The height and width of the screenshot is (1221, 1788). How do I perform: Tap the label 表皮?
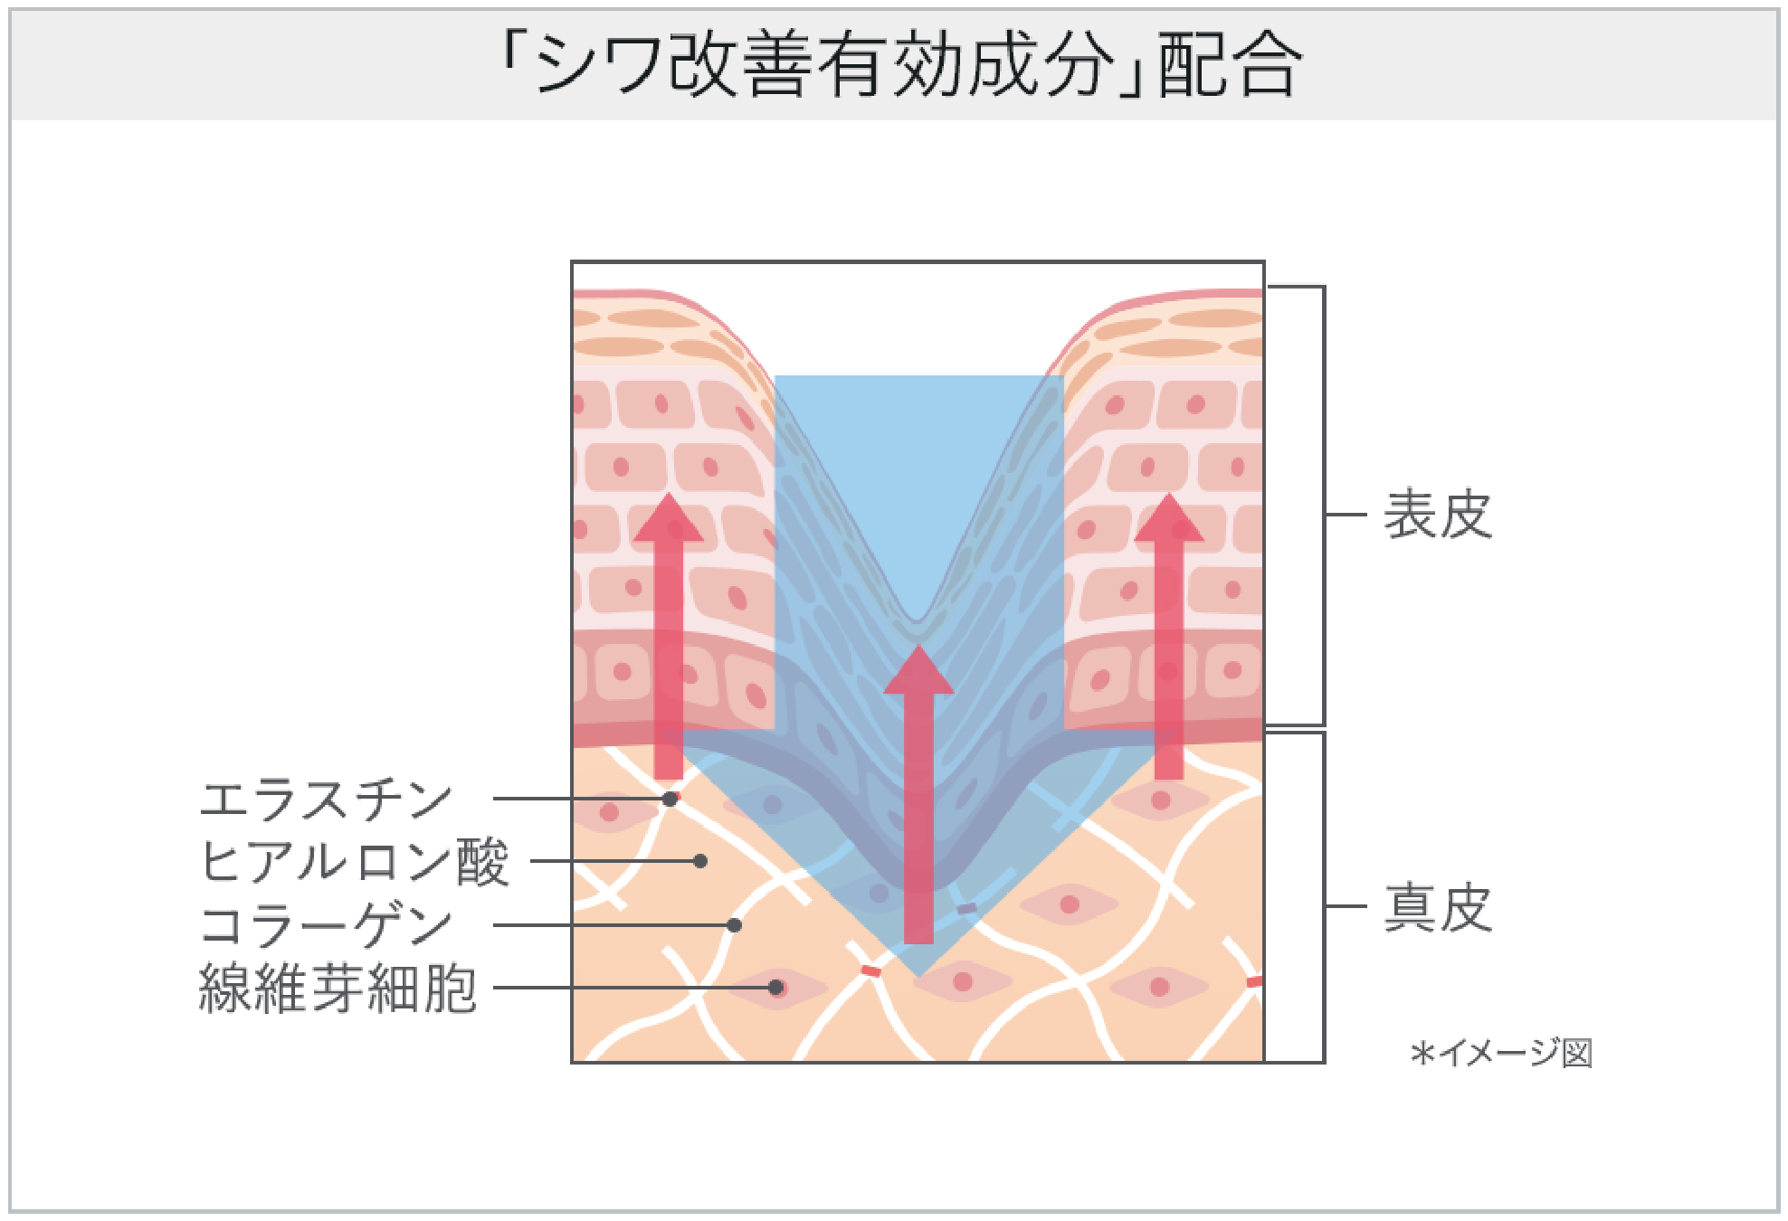click(1437, 515)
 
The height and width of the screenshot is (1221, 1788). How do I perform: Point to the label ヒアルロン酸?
click(353, 861)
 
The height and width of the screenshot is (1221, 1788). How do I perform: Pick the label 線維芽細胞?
click(338, 988)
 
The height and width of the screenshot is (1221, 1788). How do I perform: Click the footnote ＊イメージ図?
click(1501, 1053)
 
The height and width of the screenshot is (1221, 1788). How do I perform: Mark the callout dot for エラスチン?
click(670, 799)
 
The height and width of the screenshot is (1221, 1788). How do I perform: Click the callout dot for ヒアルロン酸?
click(699, 861)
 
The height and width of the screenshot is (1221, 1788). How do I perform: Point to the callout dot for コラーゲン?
click(734, 925)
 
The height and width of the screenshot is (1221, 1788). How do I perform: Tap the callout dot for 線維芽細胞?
click(775, 988)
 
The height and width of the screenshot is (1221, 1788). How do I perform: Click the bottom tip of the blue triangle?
click(918, 974)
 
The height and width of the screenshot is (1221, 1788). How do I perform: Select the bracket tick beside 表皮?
click(1346, 515)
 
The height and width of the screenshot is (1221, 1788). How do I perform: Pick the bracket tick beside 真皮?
click(1346, 906)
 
